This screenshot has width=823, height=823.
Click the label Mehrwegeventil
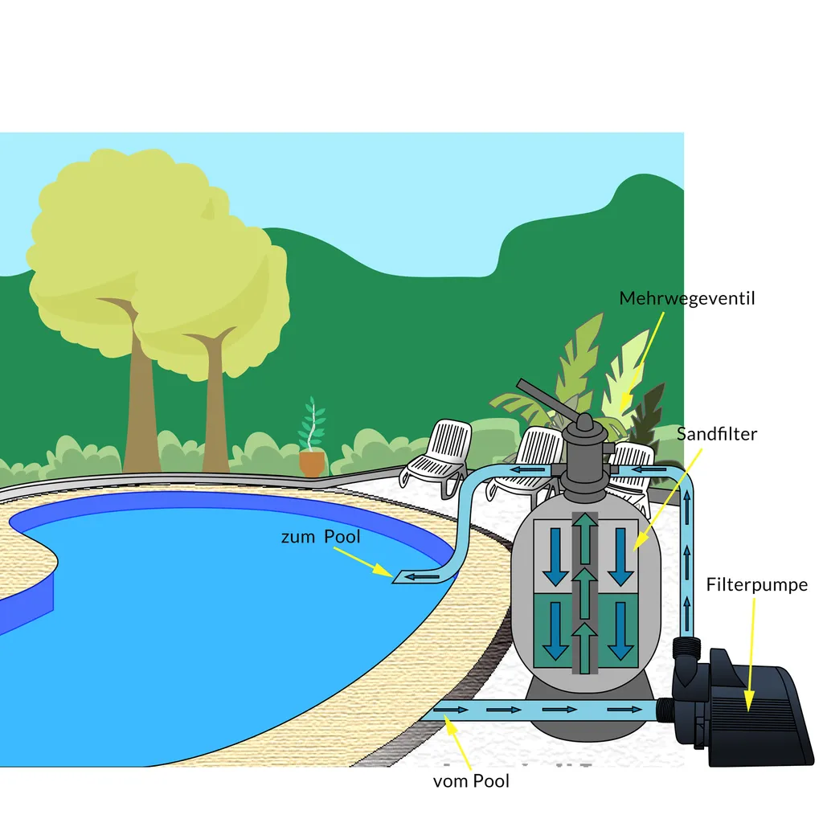click(686, 299)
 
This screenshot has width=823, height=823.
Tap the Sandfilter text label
click(716, 434)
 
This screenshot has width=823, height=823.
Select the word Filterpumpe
click(756, 584)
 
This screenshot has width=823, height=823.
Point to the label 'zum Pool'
click(320, 537)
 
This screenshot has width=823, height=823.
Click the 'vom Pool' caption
click(471, 780)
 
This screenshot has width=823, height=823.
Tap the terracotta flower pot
click(312, 463)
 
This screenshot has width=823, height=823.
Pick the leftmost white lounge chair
click(438, 454)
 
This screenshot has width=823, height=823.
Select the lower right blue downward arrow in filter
click(620, 631)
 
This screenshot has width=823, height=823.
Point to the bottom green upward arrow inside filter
click(586, 648)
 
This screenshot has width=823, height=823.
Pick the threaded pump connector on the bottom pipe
click(665, 709)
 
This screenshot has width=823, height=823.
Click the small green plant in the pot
click(312, 426)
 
